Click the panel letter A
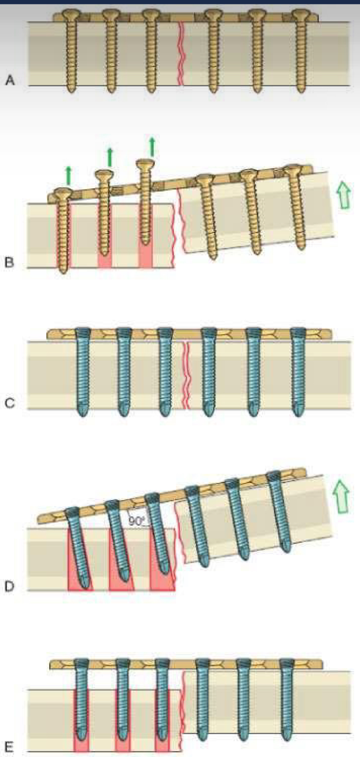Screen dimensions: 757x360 [10, 80]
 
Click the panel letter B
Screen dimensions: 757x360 [10, 262]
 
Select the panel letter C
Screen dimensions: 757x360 [10, 403]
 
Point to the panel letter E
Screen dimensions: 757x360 [9, 747]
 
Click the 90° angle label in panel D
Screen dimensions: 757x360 [136, 521]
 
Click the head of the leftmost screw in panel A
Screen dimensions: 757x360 [69, 15]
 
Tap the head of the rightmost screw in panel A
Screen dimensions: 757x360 [300, 15]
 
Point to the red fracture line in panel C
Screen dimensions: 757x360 [186, 376]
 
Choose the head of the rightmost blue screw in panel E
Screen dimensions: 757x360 [287, 663]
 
